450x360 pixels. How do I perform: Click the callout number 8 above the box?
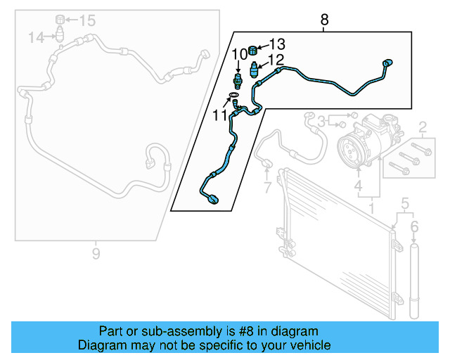click(x=324, y=20)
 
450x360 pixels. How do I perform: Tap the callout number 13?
click(x=277, y=44)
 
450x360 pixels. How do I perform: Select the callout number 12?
click(x=276, y=60)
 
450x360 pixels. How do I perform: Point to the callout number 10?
click(x=239, y=54)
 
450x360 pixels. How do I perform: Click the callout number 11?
click(x=220, y=116)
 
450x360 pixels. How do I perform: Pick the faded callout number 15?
click(x=87, y=20)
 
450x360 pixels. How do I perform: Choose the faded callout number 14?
click(x=36, y=37)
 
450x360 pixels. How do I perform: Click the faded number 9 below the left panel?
click(x=96, y=254)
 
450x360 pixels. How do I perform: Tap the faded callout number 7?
click(x=267, y=188)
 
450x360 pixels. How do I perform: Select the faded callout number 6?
click(x=414, y=227)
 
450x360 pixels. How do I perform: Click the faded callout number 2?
click(x=423, y=127)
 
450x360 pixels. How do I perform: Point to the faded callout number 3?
click(x=321, y=122)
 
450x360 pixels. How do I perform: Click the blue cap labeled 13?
click(x=252, y=50)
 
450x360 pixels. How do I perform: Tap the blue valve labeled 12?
click(x=254, y=69)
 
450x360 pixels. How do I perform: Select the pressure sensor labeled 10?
click(x=238, y=81)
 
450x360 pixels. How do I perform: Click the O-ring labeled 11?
click(x=233, y=95)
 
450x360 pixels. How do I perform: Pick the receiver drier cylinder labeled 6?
click(x=414, y=281)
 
